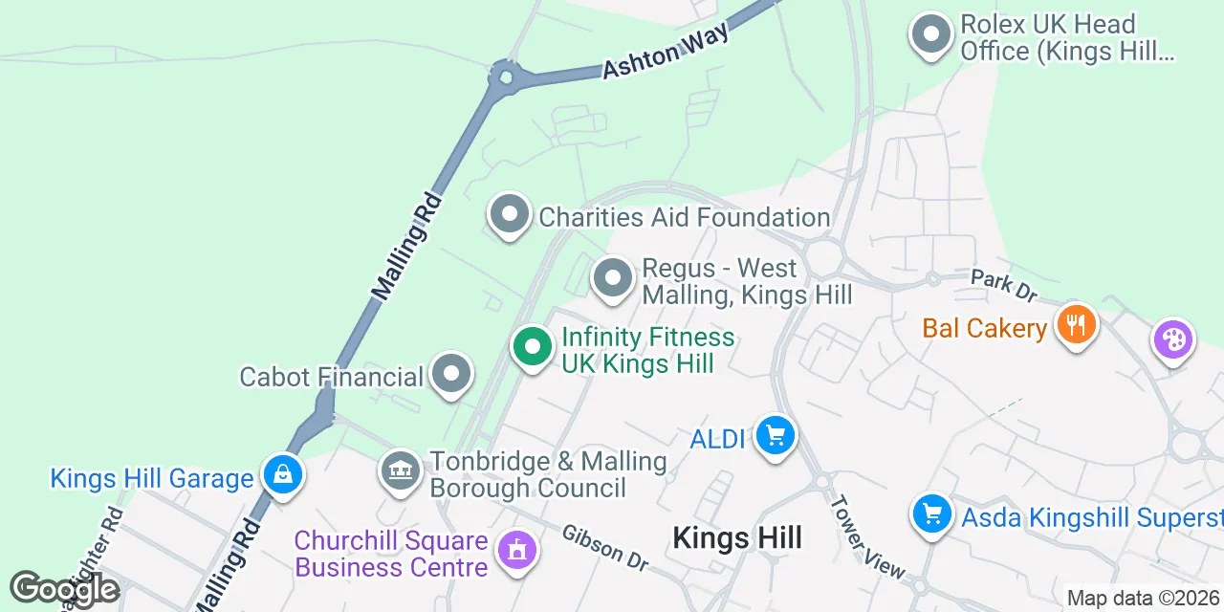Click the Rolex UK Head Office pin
[x=929, y=35]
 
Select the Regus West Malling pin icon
[x=613, y=279]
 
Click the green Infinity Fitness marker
[x=532, y=346]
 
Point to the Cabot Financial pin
[x=451, y=375]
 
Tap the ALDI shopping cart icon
[x=775, y=436]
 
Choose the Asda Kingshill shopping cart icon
[x=931, y=515]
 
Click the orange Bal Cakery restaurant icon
[x=1077, y=325]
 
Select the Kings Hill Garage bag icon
[x=283, y=474]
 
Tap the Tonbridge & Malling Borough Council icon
[x=400, y=471]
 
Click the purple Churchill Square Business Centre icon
[x=517, y=551]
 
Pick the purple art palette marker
[x=1172, y=339]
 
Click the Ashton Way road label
[x=667, y=51]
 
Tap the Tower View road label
[x=866, y=536]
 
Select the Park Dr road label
[x=1003, y=283]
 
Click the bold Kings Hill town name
[x=737, y=537]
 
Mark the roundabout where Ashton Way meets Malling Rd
[x=504, y=76]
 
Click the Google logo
[x=65, y=589]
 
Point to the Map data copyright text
[x=1144, y=599]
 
